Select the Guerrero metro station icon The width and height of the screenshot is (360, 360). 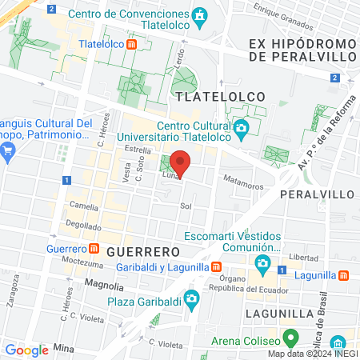coord(94,249)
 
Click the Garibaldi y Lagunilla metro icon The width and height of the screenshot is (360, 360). coord(216,266)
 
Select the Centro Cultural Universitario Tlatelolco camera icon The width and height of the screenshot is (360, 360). coord(241,128)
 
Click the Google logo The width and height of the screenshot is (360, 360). coord(26,350)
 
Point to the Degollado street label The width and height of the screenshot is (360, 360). coord(84,226)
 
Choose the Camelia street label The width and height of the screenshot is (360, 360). coord(84,206)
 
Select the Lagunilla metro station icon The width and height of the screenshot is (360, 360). coord(343,274)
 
